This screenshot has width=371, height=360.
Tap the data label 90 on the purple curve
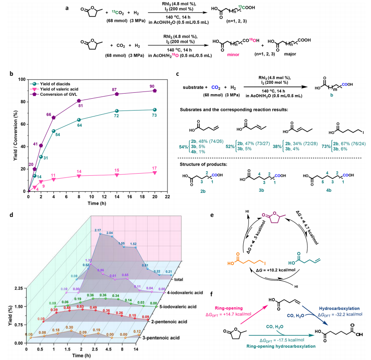pos(152,86)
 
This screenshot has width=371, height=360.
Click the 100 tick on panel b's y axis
pos(20,79)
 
